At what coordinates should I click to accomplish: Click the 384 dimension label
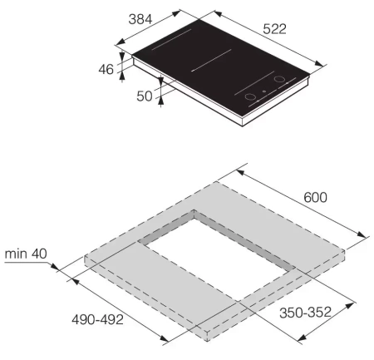click(x=140, y=19)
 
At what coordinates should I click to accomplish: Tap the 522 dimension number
click(x=274, y=29)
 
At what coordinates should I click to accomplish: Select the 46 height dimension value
click(x=106, y=69)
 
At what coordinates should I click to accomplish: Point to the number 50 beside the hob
click(x=145, y=96)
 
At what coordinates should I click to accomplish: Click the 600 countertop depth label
click(x=315, y=197)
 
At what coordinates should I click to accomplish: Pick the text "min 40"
click(x=26, y=254)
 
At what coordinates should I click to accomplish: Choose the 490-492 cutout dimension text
click(x=97, y=319)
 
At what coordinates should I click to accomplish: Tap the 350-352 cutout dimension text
click(x=305, y=313)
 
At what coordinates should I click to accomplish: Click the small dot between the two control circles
click(x=264, y=91)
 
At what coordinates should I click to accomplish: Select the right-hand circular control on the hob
click(x=279, y=79)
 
